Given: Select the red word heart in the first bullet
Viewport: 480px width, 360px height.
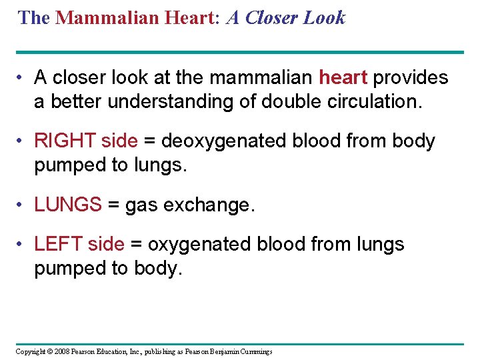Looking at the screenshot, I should click(x=343, y=78).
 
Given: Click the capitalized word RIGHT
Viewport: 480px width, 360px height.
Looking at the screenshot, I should click(x=65, y=141).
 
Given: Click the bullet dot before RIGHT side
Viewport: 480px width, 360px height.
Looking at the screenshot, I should click(x=22, y=141).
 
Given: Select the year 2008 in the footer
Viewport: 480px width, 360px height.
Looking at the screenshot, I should click(x=60, y=351).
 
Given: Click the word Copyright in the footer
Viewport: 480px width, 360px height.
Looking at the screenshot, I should click(x=29, y=351).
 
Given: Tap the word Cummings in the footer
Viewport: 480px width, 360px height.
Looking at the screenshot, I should click(x=254, y=351).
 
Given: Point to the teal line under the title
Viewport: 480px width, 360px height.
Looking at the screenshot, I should click(x=239, y=52).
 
